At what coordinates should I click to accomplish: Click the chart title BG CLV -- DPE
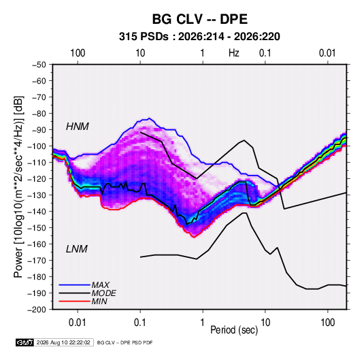(200, 19)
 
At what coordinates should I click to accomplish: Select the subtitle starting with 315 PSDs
(199, 37)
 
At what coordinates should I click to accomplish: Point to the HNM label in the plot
(78, 127)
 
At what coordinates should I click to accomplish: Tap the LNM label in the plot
(77, 249)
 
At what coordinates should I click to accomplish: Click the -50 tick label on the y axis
(39, 65)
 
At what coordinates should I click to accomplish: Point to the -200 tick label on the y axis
(37, 310)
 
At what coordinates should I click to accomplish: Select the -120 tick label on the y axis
(37, 179)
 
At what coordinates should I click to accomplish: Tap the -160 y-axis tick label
(37, 244)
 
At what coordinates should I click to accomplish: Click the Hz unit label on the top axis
(234, 53)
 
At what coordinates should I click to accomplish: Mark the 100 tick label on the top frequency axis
(78, 53)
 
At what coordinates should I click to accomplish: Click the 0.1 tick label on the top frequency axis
(265, 53)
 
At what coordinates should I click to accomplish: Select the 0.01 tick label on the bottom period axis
(78, 323)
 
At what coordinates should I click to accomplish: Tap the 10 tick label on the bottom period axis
(265, 323)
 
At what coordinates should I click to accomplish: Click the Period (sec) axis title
(234, 330)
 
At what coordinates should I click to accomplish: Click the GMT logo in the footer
(24, 342)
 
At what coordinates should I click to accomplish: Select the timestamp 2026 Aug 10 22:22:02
(63, 342)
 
